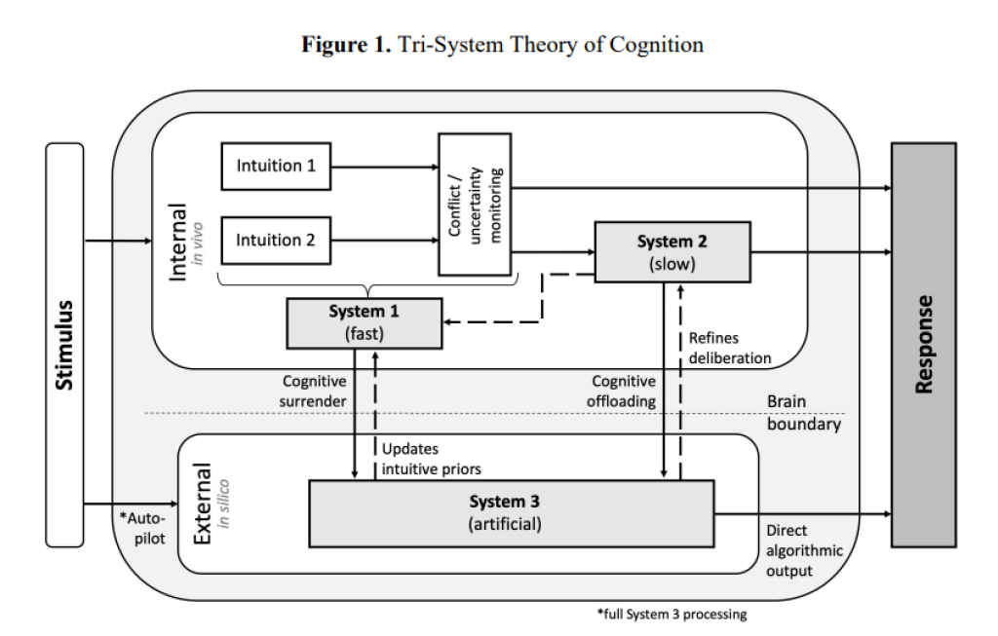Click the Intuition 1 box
(x=276, y=166)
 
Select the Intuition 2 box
(x=276, y=240)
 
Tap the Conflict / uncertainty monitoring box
(x=475, y=204)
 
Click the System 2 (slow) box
(x=672, y=251)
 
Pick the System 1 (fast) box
(x=365, y=323)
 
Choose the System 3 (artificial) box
(x=512, y=512)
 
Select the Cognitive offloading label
(x=624, y=392)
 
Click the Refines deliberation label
(x=730, y=348)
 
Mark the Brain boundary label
(x=802, y=414)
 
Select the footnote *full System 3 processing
(x=672, y=615)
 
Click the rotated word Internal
(x=178, y=243)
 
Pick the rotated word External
(x=203, y=507)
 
